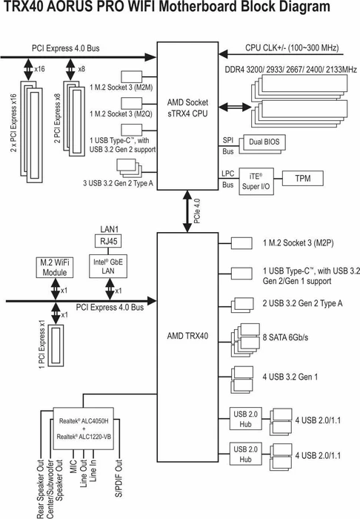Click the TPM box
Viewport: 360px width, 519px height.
tap(303, 179)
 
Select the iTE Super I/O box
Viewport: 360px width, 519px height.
tap(256, 182)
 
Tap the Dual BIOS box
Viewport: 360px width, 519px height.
tap(264, 142)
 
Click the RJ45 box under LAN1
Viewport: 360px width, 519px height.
tap(108, 241)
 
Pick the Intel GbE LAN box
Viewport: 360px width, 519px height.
tap(108, 266)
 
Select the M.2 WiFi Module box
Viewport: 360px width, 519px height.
tap(55, 268)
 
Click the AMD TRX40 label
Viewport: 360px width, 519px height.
tap(187, 336)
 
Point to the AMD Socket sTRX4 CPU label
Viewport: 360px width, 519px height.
tap(187, 108)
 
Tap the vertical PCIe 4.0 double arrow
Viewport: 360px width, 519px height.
tap(187, 211)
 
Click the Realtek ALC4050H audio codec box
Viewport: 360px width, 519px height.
tap(84, 429)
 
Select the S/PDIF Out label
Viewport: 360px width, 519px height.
tap(119, 478)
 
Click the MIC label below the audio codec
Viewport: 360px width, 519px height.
tap(73, 466)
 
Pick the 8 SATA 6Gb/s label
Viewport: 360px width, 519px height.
tap(285, 337)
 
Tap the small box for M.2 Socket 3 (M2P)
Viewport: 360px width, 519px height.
tap(241, 243)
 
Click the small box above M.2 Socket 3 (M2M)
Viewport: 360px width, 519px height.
tap(132, 76)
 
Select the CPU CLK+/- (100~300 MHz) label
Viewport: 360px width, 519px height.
tap(292, 48)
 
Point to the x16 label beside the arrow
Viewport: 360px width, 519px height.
tap(39, 69)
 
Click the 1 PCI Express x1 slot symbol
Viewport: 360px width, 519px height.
tap(56, 346)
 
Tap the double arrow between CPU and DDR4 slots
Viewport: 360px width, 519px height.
tap(235, 107)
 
